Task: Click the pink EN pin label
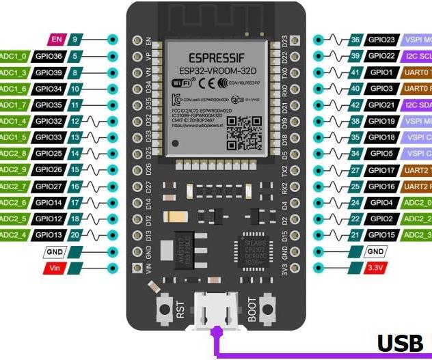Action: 56,40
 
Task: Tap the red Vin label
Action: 56,268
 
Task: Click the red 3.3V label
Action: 375,268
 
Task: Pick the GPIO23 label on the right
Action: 381,40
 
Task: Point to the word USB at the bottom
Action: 403,343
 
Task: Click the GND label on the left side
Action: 56,252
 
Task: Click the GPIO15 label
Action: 381,235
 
